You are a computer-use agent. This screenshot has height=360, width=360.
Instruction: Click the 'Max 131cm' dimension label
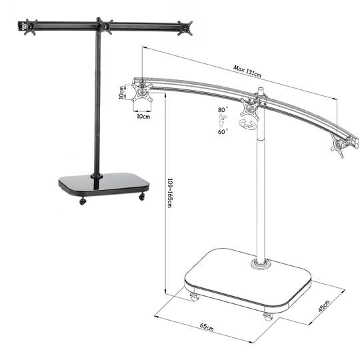point(247,71)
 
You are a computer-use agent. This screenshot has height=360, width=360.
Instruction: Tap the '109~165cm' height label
point(169,193)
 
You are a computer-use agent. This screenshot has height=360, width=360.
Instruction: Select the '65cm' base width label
point(207,327)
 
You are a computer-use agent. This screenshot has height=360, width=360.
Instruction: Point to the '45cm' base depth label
point(324,306)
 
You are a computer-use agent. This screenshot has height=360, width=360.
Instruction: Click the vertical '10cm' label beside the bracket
point(121,92)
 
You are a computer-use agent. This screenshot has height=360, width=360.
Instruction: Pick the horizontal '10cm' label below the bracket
point(143,116)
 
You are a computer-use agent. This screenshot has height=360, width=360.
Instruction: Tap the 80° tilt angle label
point(223,110)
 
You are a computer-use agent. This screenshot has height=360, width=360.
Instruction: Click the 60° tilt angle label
point(223,132)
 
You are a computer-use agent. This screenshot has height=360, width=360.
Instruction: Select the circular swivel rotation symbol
point(247,125)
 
